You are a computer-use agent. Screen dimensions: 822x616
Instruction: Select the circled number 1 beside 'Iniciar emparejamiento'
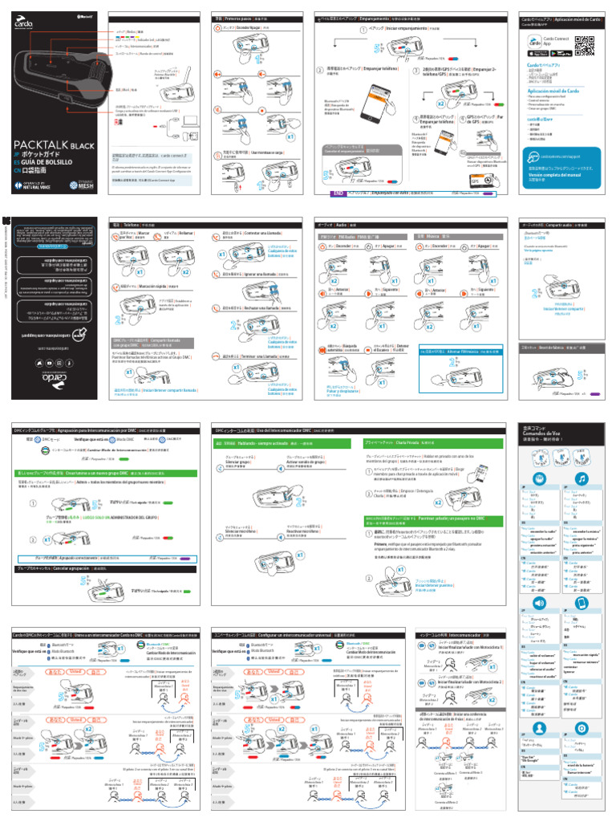(363, 30)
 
